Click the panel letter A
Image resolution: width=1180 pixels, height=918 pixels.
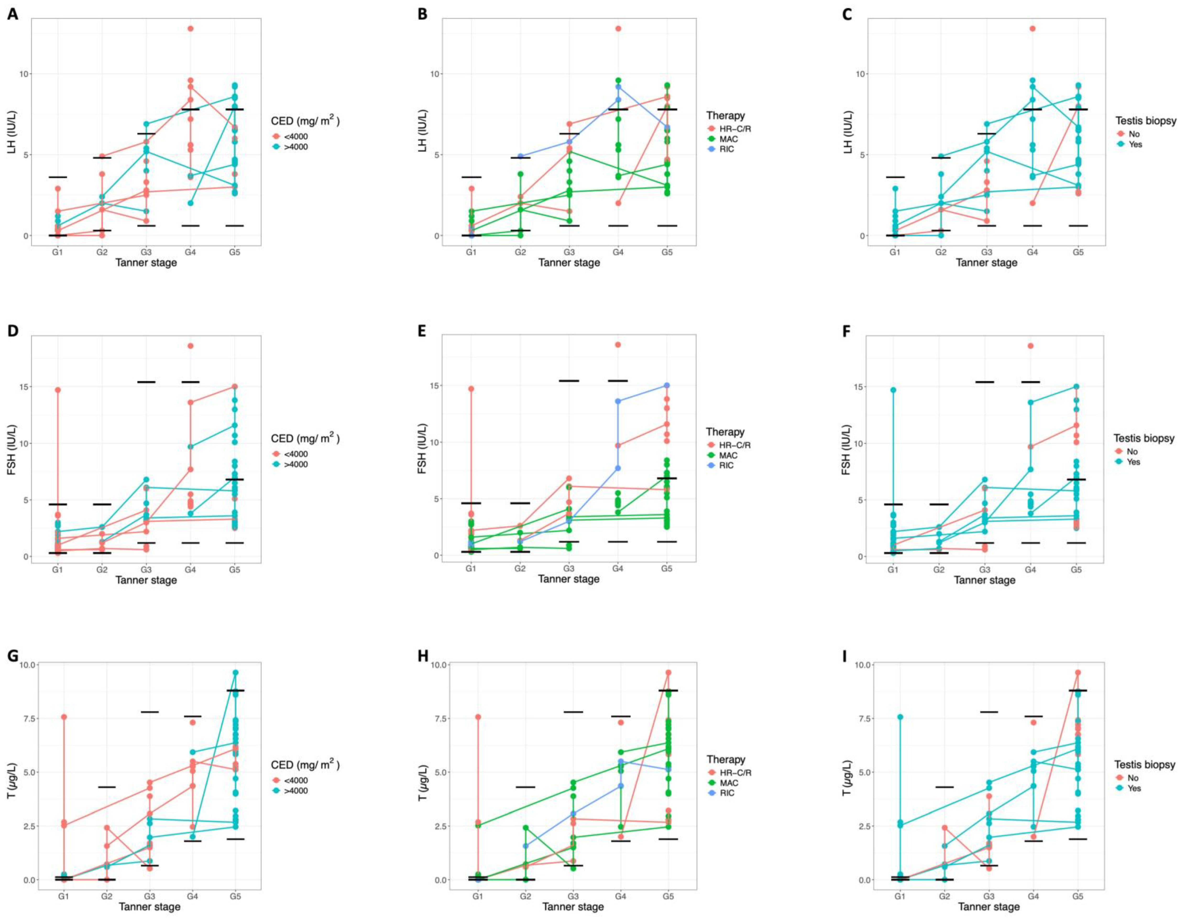12,15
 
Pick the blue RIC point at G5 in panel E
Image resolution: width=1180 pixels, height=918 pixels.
667,385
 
